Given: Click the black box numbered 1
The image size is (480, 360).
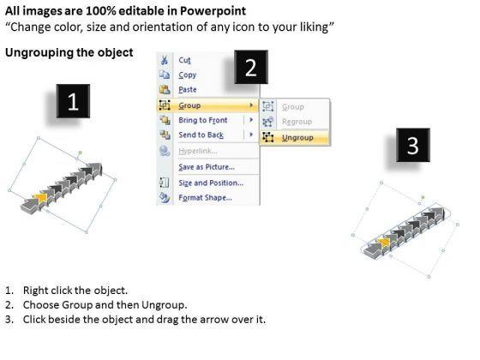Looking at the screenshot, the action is tap(73, 101).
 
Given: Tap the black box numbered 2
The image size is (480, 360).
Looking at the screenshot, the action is tap(251, 67).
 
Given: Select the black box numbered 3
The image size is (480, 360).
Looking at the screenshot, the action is tap(413, 145).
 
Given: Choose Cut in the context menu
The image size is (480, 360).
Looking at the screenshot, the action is tap(184, 60).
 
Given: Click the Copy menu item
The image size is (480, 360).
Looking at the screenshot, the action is tap(188, 75).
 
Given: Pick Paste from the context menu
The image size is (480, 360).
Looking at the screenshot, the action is tap(188, 90).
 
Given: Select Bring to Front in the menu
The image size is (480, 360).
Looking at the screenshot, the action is tap(203, 120).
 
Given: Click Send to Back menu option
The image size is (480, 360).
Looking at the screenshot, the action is tap(201, 135).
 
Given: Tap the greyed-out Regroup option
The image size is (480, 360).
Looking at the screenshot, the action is tap(297, 122).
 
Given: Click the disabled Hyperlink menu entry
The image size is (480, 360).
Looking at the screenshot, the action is tap(198, 151).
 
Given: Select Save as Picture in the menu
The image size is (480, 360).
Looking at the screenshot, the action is tap(207, 167).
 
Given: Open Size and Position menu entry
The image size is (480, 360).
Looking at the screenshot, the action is tap(211, 183).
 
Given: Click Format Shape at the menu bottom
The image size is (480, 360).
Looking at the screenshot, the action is tap(205, 198).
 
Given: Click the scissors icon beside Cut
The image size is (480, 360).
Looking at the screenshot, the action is tap(165, 60).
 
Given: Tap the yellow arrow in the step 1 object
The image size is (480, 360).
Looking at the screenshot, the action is tap(40, 198).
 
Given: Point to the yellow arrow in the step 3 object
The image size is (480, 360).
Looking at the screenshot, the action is tap(384, 243).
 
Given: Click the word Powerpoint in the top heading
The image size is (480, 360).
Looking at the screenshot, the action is tap(213, 11).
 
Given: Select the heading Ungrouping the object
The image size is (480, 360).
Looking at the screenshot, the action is tap(69, 52).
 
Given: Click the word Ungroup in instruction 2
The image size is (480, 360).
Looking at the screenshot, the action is tap(163, 305).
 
